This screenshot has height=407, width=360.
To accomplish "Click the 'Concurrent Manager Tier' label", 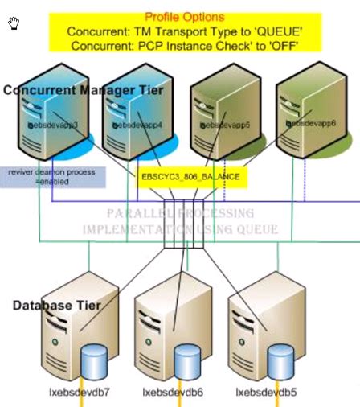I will coord(84,90).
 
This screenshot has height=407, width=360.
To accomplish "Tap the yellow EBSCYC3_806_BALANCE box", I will coord(190,176).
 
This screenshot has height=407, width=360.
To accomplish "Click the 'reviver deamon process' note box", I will coord(52,177).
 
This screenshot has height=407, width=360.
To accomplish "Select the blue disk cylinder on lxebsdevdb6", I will coord(186,360).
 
